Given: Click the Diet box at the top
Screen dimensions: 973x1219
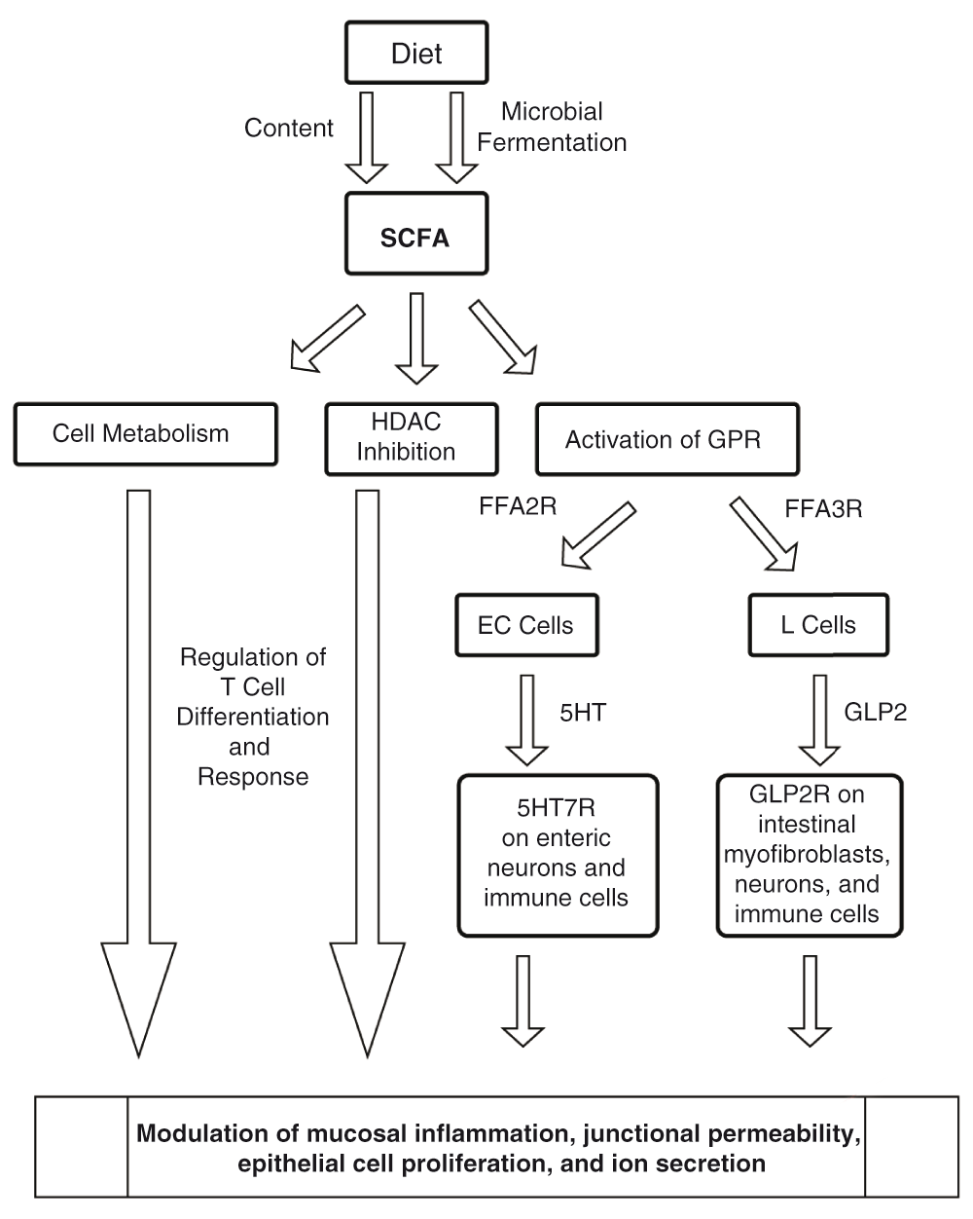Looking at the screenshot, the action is click(416, 53).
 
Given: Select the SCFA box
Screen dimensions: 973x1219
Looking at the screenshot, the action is click(416, 234).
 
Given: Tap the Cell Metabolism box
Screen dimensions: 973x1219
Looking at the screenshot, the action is click(146, 434).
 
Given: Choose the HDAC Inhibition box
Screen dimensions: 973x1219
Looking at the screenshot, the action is click(412, 439).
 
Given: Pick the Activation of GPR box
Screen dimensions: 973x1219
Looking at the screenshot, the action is click(667, 439).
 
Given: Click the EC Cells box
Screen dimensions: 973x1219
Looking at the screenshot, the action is click(527, 625).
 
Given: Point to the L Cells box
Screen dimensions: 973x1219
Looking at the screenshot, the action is click(818, 625).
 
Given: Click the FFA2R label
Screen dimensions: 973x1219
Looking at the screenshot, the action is click(518, 506).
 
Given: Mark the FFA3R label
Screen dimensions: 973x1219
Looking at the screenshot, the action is click(823, 509).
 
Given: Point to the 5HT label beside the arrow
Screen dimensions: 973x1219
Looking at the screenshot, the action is click(583, 713).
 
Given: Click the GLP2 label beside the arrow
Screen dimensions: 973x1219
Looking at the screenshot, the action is click(875, 712).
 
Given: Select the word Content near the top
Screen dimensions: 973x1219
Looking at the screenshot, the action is click(289, 128).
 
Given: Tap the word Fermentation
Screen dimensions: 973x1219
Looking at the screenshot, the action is click(552, 142).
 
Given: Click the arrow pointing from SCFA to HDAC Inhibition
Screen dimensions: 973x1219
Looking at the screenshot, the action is click(416, 339).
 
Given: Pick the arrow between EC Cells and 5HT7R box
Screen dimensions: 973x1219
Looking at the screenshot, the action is click(527, 720).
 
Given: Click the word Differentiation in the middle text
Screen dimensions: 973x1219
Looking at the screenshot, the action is click(252, 718).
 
